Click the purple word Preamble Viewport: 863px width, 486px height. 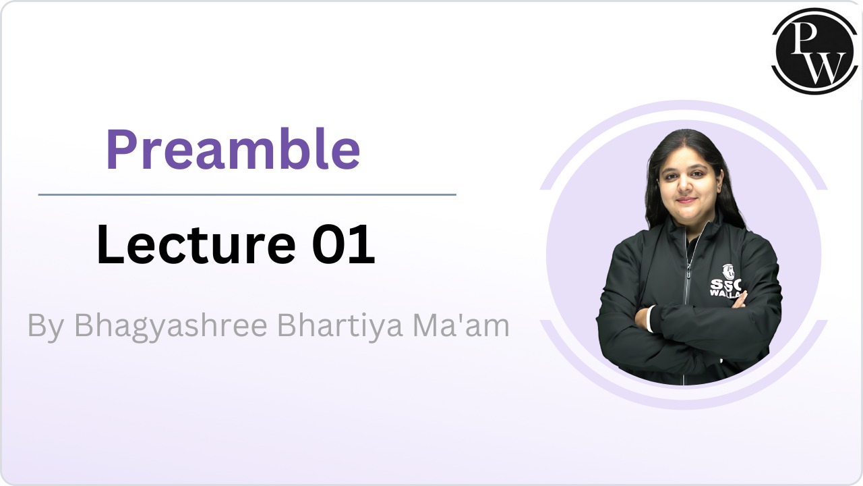[233, 150]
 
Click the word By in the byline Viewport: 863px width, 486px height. [45, 327]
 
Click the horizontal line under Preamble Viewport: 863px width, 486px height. [247, 194]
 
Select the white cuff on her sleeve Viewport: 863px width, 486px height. [650, 319]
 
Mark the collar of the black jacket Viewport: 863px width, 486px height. [701, 226]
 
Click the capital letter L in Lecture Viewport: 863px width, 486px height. [108, 244]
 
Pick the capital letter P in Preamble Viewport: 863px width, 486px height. [120, 150]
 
